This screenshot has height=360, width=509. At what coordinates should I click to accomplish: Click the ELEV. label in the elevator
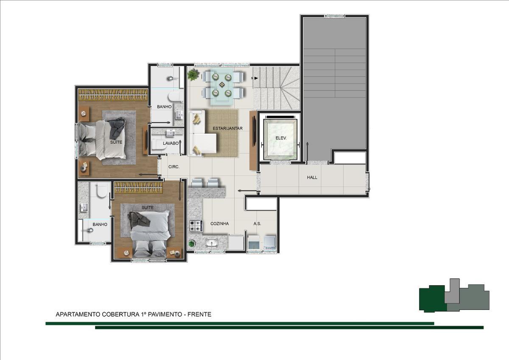[281, 138]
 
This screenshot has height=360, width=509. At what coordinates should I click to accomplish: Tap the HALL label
[312, 177]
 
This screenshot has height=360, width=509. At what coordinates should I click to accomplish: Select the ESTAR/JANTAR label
[227, 129]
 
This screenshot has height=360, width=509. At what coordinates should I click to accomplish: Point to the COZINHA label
[220, 224]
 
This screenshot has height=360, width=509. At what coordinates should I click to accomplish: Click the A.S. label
[257, 224]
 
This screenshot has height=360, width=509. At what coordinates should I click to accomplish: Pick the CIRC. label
[174, 167]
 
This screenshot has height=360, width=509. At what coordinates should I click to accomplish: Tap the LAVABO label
[171, 143]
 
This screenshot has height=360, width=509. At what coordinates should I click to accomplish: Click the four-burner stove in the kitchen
[196, 226]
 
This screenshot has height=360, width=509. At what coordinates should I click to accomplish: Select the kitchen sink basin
[212, 243]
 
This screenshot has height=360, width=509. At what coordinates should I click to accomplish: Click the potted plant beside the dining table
[193, 74]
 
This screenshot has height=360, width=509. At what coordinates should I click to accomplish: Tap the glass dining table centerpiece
[221, 85]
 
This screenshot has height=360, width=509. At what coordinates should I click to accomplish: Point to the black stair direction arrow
[256, 78]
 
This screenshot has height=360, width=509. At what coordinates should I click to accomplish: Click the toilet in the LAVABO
[159, 145]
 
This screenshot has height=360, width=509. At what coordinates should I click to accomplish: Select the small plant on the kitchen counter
[192, 243]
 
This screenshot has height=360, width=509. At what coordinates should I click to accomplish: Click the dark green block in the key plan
[432, 298]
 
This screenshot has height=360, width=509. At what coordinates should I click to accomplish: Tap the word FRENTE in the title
[199, 314]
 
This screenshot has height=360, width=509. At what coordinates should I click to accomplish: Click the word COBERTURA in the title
[120, 314]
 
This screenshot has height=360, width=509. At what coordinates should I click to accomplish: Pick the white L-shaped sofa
[202, 133]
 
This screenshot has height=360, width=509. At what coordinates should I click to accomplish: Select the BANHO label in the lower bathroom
[100, 225]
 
